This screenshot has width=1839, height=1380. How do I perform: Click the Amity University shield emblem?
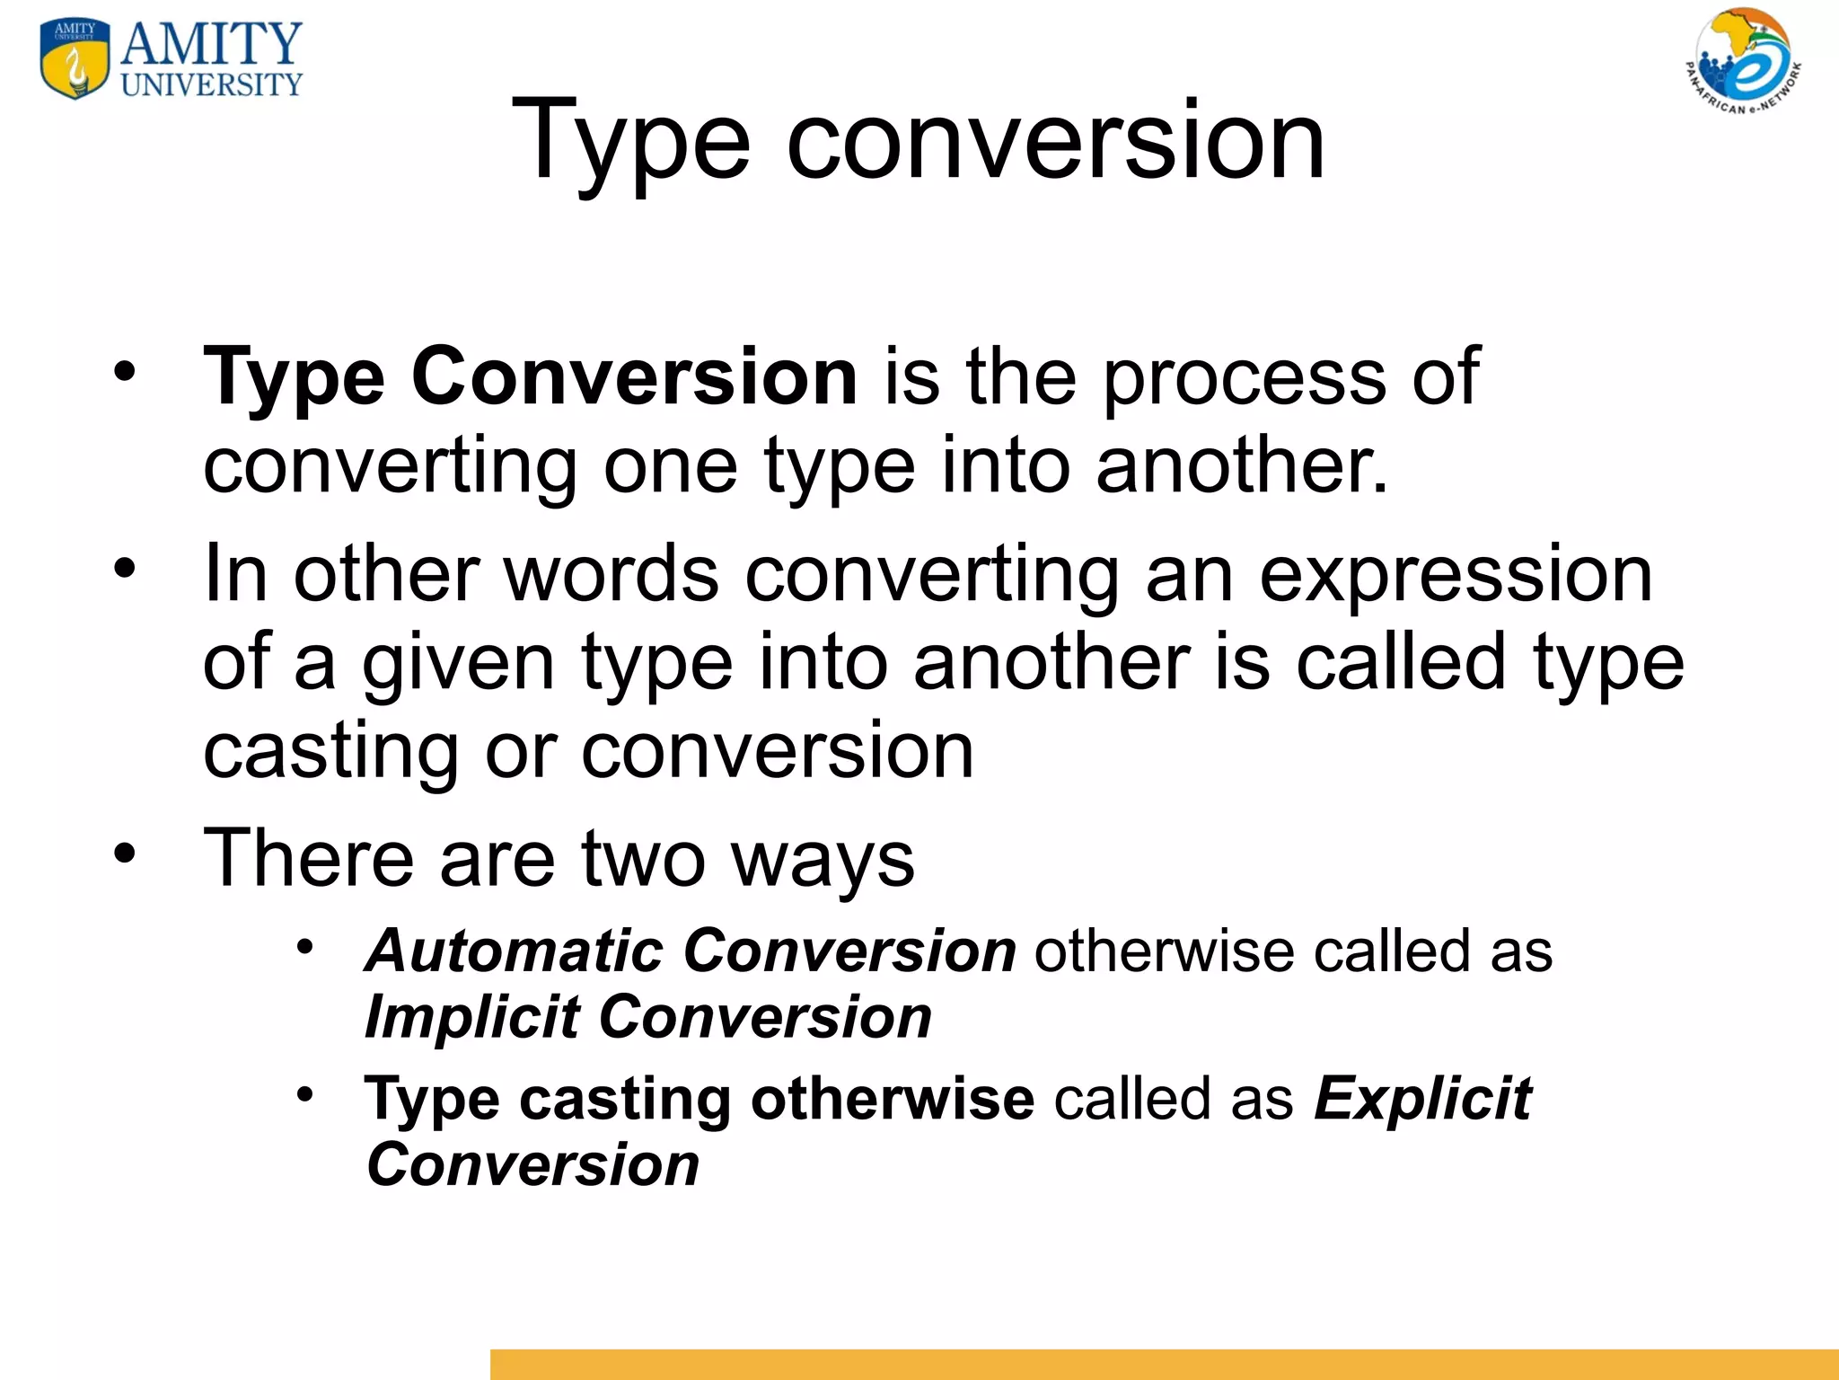point(75,59)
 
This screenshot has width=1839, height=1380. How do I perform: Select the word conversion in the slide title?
point(1055,142)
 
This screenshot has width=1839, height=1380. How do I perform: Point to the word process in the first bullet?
point(1245,377)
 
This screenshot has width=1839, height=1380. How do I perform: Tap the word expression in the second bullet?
point(1456,575)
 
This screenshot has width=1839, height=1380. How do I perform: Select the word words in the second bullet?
point(612,575)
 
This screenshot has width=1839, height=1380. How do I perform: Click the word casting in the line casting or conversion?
point(330,753)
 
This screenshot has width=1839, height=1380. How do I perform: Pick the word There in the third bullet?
point(309,859)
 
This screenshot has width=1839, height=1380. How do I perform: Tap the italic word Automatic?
point(514,951)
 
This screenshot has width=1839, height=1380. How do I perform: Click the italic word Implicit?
point(472,1017)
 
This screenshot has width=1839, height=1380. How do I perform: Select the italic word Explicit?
point(1423,1100)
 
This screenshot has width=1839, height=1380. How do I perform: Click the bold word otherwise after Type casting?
point(893,1100)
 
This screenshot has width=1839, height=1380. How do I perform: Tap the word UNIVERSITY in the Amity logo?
point(212,85)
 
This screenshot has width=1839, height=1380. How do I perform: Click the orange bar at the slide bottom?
point(1164,1364)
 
